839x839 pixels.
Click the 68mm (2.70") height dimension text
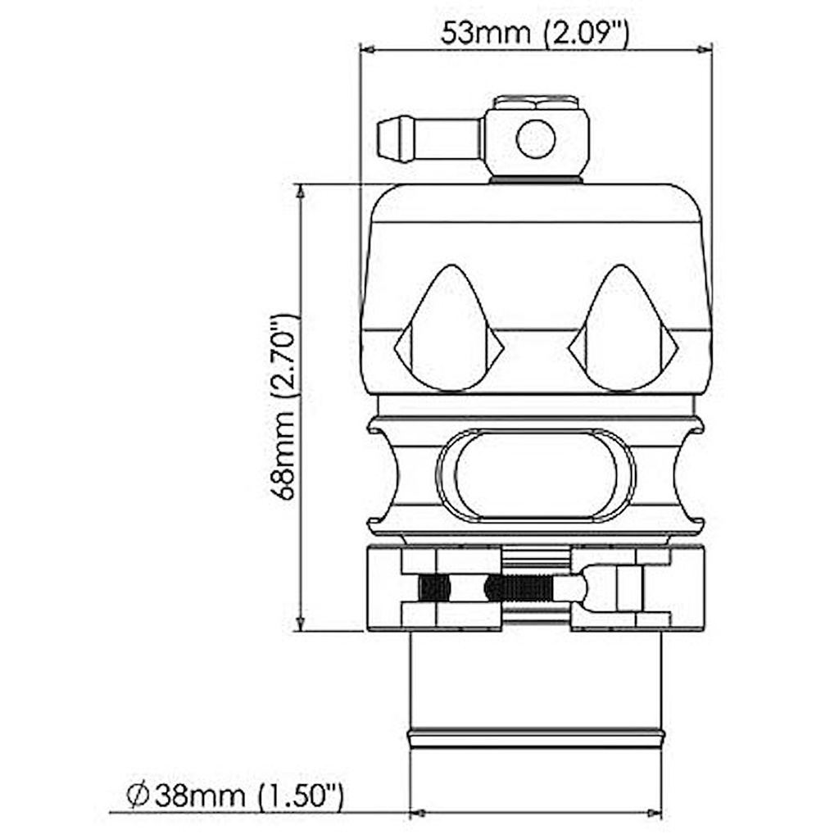pyautogui.click(x=285, y=407)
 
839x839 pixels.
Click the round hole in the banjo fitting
pyautogui.click(x=536, y=138)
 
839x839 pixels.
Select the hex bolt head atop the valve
pyautogui.click(x=535, y=103)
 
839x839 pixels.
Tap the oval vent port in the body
pyautogui.click(x=536, y=475)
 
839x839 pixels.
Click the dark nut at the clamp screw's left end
pyautogui.click(x=434, y=587)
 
